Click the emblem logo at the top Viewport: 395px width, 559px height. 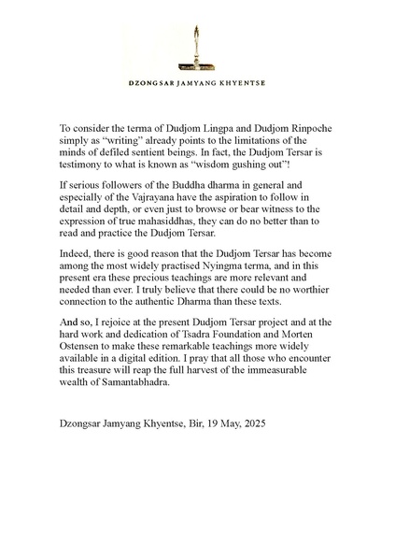pos(197,48)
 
